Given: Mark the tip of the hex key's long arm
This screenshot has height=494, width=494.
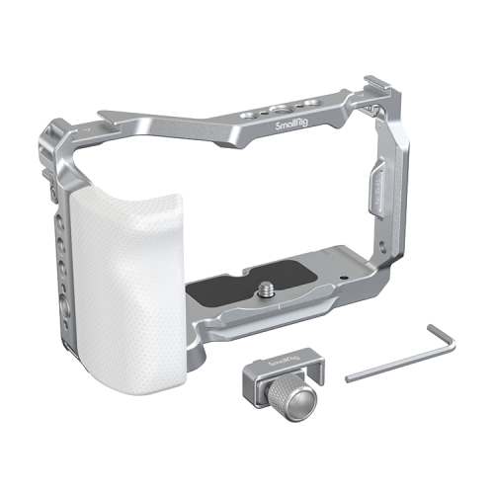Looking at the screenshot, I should (x=347, y=377).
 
